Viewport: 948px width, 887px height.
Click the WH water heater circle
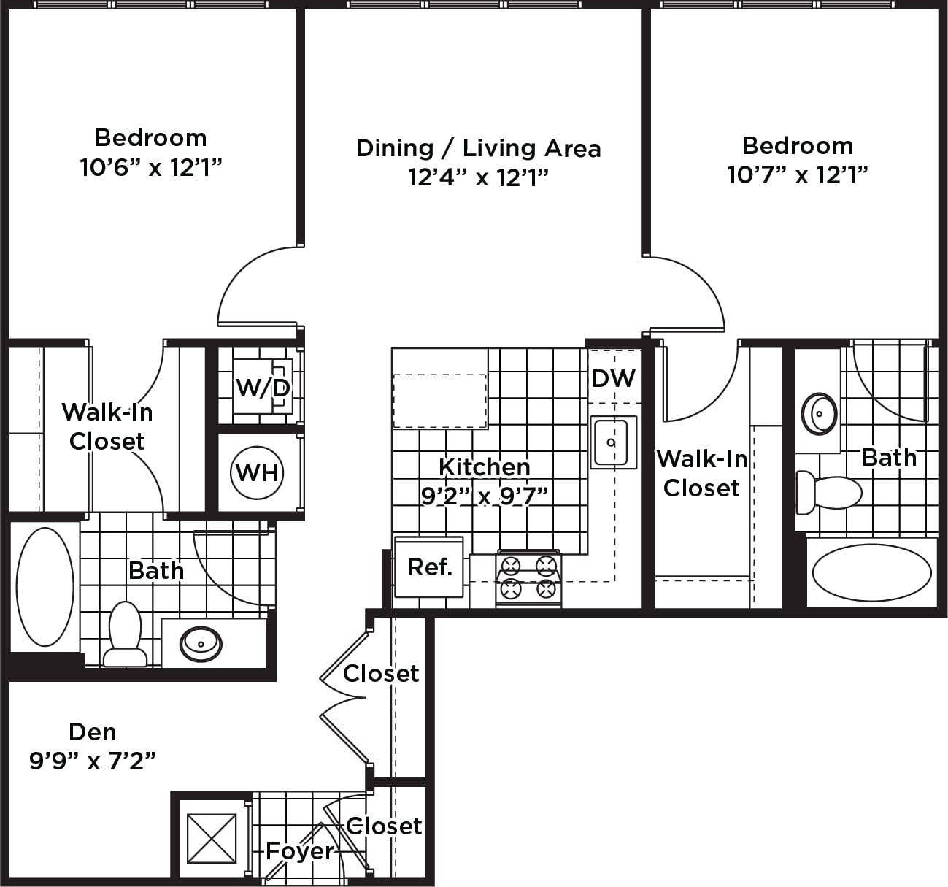coord(257,473)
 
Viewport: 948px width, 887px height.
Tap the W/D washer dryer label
coord(263,388)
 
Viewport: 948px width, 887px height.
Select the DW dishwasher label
coord(614,379)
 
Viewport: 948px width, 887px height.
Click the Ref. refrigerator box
coord(429,567)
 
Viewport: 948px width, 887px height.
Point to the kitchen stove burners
coord(528,579)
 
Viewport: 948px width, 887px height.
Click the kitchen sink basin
coord(613,442)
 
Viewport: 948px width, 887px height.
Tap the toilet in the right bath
coord(829,493)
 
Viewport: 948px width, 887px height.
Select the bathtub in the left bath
coord(45,587)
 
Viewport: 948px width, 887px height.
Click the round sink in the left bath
coord(201,645)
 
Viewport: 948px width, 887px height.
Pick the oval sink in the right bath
coord(819,414)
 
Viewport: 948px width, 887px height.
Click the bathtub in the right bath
coord(872,574)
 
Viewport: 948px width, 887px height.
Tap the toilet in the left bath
coord(126,634)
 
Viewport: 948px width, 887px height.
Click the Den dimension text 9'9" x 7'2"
coord(93,761)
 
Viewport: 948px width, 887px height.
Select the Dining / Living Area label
coord(478,148)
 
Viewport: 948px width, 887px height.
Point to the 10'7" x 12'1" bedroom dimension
coord(797,174)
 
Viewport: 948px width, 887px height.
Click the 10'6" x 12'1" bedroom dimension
coord(151,168)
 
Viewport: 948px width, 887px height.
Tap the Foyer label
coord(300,850)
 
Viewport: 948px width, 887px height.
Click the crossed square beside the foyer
coord(212,838)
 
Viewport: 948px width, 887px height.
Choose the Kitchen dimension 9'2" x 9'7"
coord(484,496)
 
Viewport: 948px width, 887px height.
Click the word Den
coord(93,732)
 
